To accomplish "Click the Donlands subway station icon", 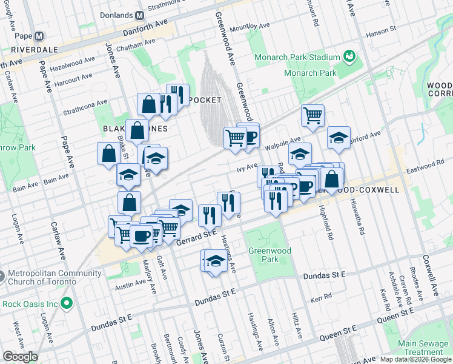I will pyautogui.click(x=140, y=15).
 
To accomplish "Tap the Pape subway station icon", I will pyautogui.click(x=39, y=36).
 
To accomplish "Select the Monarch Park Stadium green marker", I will pyautogui.click(x=349, y=57).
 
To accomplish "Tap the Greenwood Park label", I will pyautogui.click(x=269, y=255).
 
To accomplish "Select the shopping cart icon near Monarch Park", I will pyautogui.click(x=312, y=115).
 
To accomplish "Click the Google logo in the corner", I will pyautogui.click(x=20, y=357).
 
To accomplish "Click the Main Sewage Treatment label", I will pyautogui.click(x=424, y=348).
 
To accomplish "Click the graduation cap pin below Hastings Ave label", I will pyautogui.click(x=216, y=261).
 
